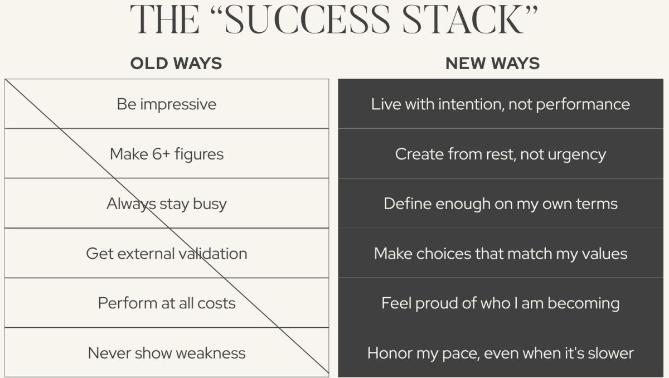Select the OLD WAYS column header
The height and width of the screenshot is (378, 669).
pos(176,64)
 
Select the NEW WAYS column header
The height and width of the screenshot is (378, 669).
pos(493,64)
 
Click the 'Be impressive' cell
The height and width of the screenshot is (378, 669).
pos(167,104)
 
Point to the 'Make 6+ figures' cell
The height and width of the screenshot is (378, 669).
pos(167,154)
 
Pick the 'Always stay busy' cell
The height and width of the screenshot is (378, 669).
pos(167,203)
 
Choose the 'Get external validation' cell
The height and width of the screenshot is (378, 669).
pos(167,254)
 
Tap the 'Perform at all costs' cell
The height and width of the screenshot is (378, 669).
pos(167,303)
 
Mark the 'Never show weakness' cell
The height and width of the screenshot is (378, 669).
pos(167,353)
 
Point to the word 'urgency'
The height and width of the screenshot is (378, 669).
pos(577,154)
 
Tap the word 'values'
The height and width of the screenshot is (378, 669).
pos(604,254)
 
